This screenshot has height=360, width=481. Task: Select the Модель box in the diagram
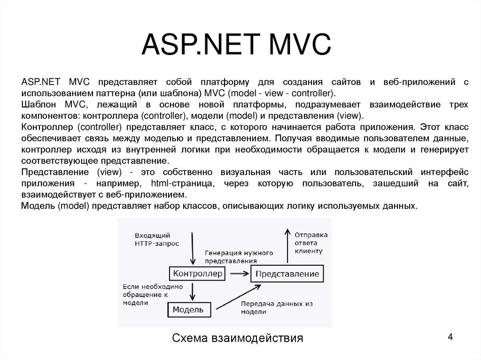(188, 309)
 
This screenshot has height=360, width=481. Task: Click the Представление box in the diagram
(287, 274)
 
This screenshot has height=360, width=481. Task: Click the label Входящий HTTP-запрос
(152, 239)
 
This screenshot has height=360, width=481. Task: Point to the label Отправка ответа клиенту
(310, 243)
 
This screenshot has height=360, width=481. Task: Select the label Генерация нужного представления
(239, 257)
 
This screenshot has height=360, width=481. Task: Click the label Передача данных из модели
(277, 308)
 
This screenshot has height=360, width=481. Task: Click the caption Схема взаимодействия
(238, 338)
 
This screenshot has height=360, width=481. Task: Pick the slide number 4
(450, 337)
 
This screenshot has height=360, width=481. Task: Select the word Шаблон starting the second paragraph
(37, 104)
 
